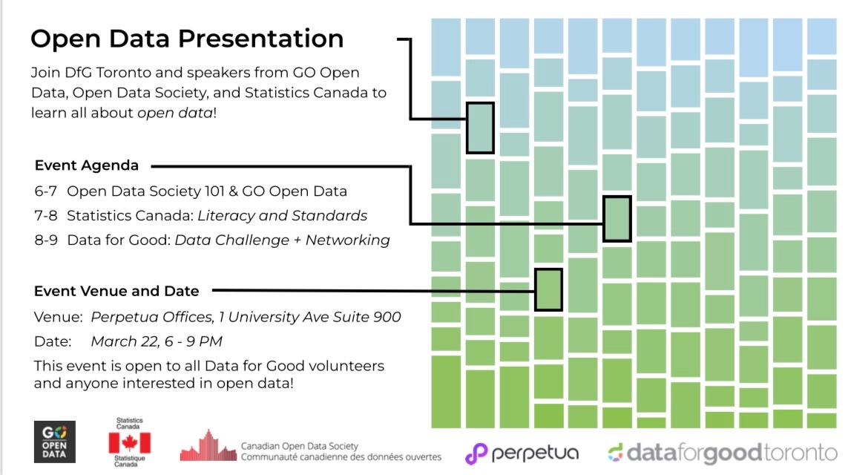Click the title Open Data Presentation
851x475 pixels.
click(x=187, y=39)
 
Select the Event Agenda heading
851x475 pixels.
click(x=86, y=166)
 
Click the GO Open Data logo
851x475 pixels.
click(x=55, y=442)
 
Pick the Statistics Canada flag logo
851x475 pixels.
click(x=130, y=442)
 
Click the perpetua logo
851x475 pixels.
click(x=522, y=453)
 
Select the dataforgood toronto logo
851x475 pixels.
click(x=723, y=453)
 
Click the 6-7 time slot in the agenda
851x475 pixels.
click(x=46, y=191)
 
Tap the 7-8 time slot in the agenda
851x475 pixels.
click(x=46, y=216)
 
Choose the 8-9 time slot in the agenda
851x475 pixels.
click(x=46, y=240)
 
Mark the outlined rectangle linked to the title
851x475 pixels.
click(x=480, y=128)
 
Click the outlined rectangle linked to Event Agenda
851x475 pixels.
click(x=617, y=219)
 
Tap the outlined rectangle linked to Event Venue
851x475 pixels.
click(x=548, y=289)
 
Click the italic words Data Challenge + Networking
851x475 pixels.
click(x=282, y=240)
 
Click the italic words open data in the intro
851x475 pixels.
click(x=175, y=114)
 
